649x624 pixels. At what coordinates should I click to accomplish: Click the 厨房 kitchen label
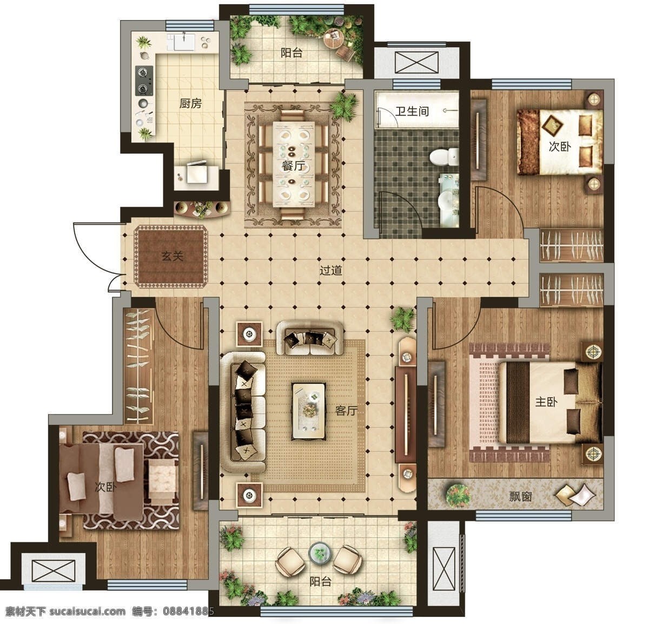click(x=190, y=104)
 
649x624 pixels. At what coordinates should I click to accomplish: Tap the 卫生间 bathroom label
click(x=412, y=111)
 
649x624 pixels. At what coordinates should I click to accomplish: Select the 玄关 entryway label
click(x=172, y=257)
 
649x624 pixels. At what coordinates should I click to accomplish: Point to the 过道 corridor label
click(x=331, y=270)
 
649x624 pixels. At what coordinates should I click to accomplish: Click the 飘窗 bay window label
click(x=520, y=497)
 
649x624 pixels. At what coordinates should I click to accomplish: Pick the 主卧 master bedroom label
click(x=546, y=402)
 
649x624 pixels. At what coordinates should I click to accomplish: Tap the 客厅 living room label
click(x=346, y=411)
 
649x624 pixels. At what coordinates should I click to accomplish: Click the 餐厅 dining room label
click(x=294, y=166)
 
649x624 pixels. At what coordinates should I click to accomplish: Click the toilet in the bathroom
click(x=444, y=157)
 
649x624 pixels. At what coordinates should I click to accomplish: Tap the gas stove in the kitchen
click(x=144, y=80)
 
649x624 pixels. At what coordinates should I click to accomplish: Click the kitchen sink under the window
click(x=183, y=42)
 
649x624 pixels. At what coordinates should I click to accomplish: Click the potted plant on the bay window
click(x=458, y=495)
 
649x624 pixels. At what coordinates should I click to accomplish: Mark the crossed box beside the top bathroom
click(x=416, y=62)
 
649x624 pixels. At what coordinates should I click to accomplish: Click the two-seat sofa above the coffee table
click(x=310, y=338)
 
